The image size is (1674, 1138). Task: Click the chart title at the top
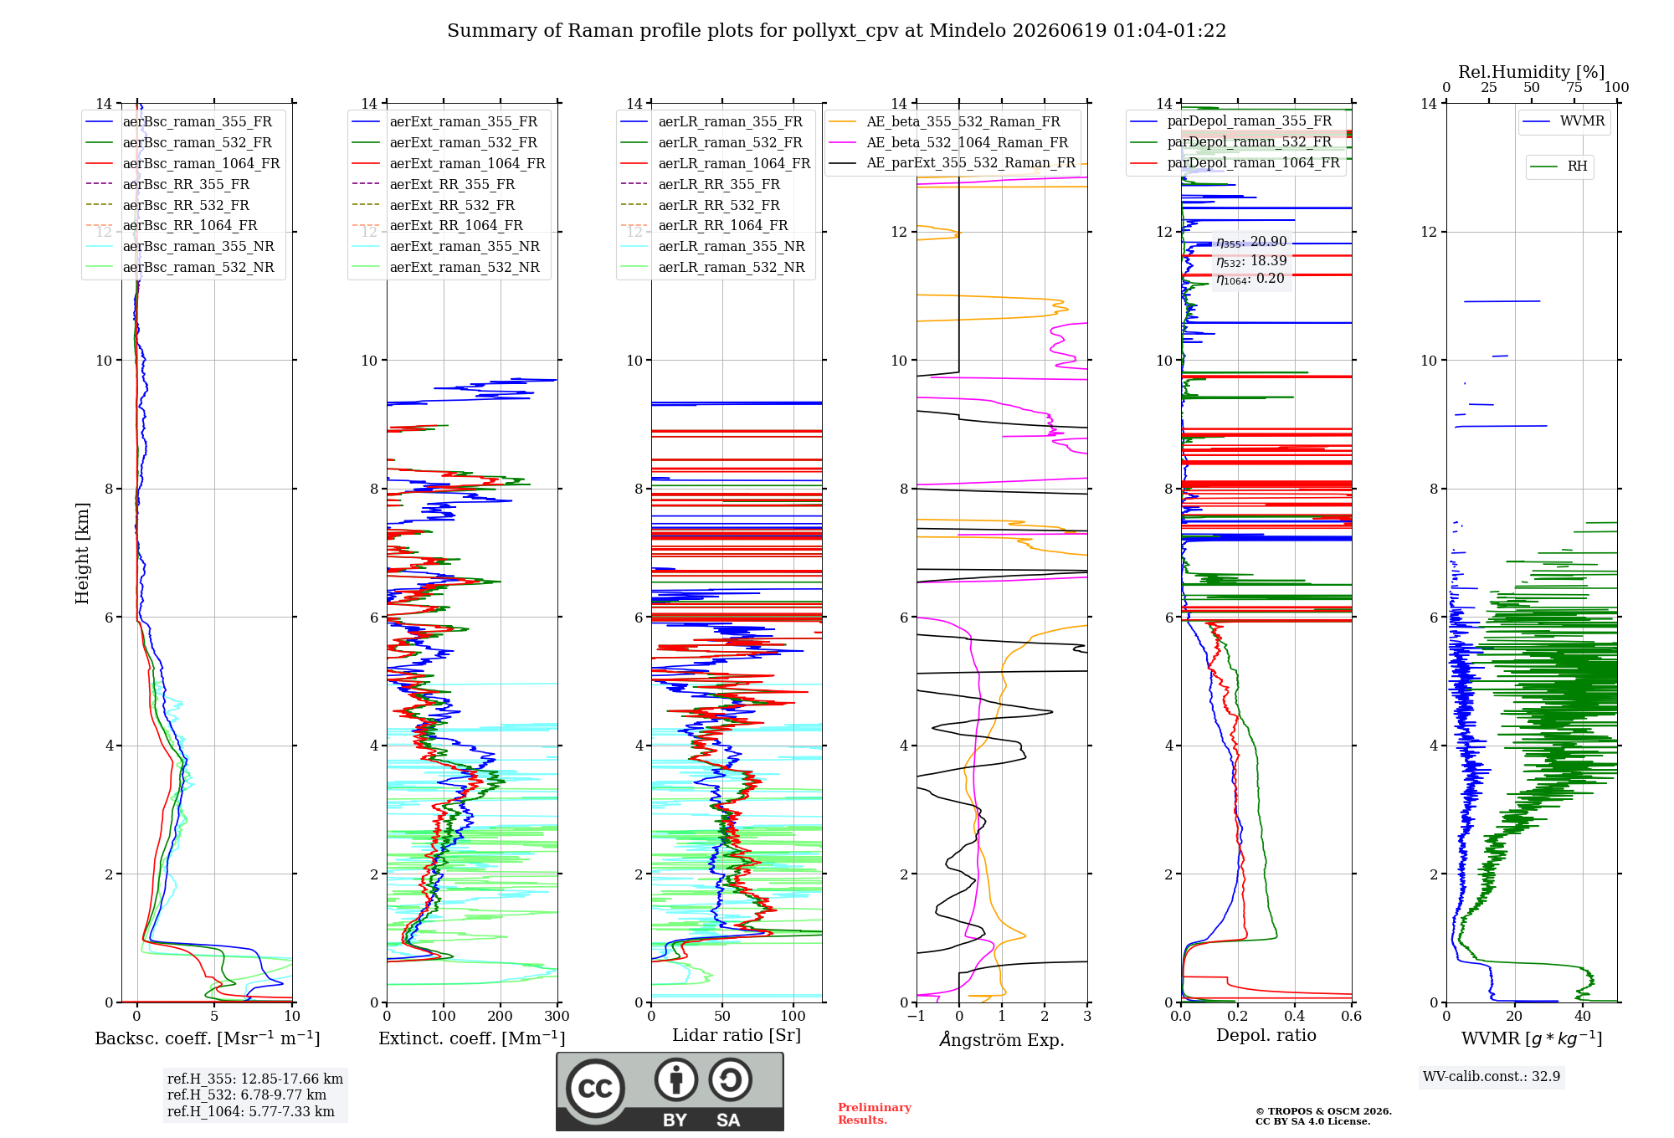click(836, 31)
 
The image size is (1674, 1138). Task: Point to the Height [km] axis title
click(82, 553)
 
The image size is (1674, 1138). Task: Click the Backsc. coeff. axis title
click(208, 1038)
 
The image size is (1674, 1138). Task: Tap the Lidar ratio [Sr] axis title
click(737, 1035)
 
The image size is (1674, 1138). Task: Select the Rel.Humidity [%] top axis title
click(1532, 72)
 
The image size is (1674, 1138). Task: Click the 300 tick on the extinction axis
click(557, 1016)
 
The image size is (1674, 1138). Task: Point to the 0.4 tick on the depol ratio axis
click(1295, 1016)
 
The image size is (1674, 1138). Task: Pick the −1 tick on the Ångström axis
click(917, 1016)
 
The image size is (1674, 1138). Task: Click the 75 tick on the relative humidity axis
click(1574, 87)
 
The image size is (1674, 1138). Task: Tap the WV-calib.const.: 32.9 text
click(1492, 1076)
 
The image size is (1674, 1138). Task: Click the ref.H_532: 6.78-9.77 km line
click(247, 1094)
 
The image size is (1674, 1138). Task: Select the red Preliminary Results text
click(875, 1114)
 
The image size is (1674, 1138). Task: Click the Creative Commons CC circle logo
click(595, 1088)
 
